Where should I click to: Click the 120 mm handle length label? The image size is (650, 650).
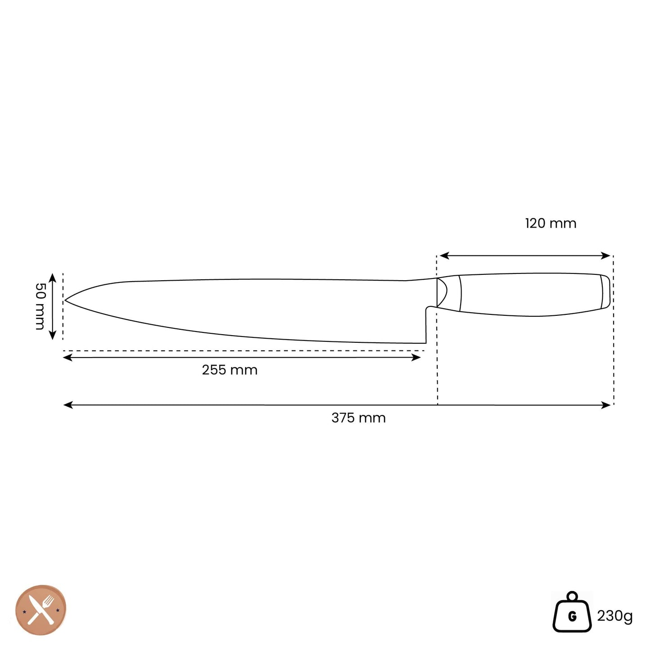(x=551, y=223)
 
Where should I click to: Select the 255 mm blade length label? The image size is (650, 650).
(x=229, y=370)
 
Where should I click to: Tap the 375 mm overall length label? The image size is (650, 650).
(x=359, y=418)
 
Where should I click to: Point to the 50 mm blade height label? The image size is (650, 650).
(x=40, y=306)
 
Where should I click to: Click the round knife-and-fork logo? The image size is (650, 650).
(x=41, y=610)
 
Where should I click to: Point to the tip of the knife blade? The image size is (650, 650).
(x=66, y=300)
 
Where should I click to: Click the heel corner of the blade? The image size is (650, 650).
(x=425, y=342)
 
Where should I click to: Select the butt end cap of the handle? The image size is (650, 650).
(x=605, y=291)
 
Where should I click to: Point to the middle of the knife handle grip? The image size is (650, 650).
(x=531, y=295)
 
